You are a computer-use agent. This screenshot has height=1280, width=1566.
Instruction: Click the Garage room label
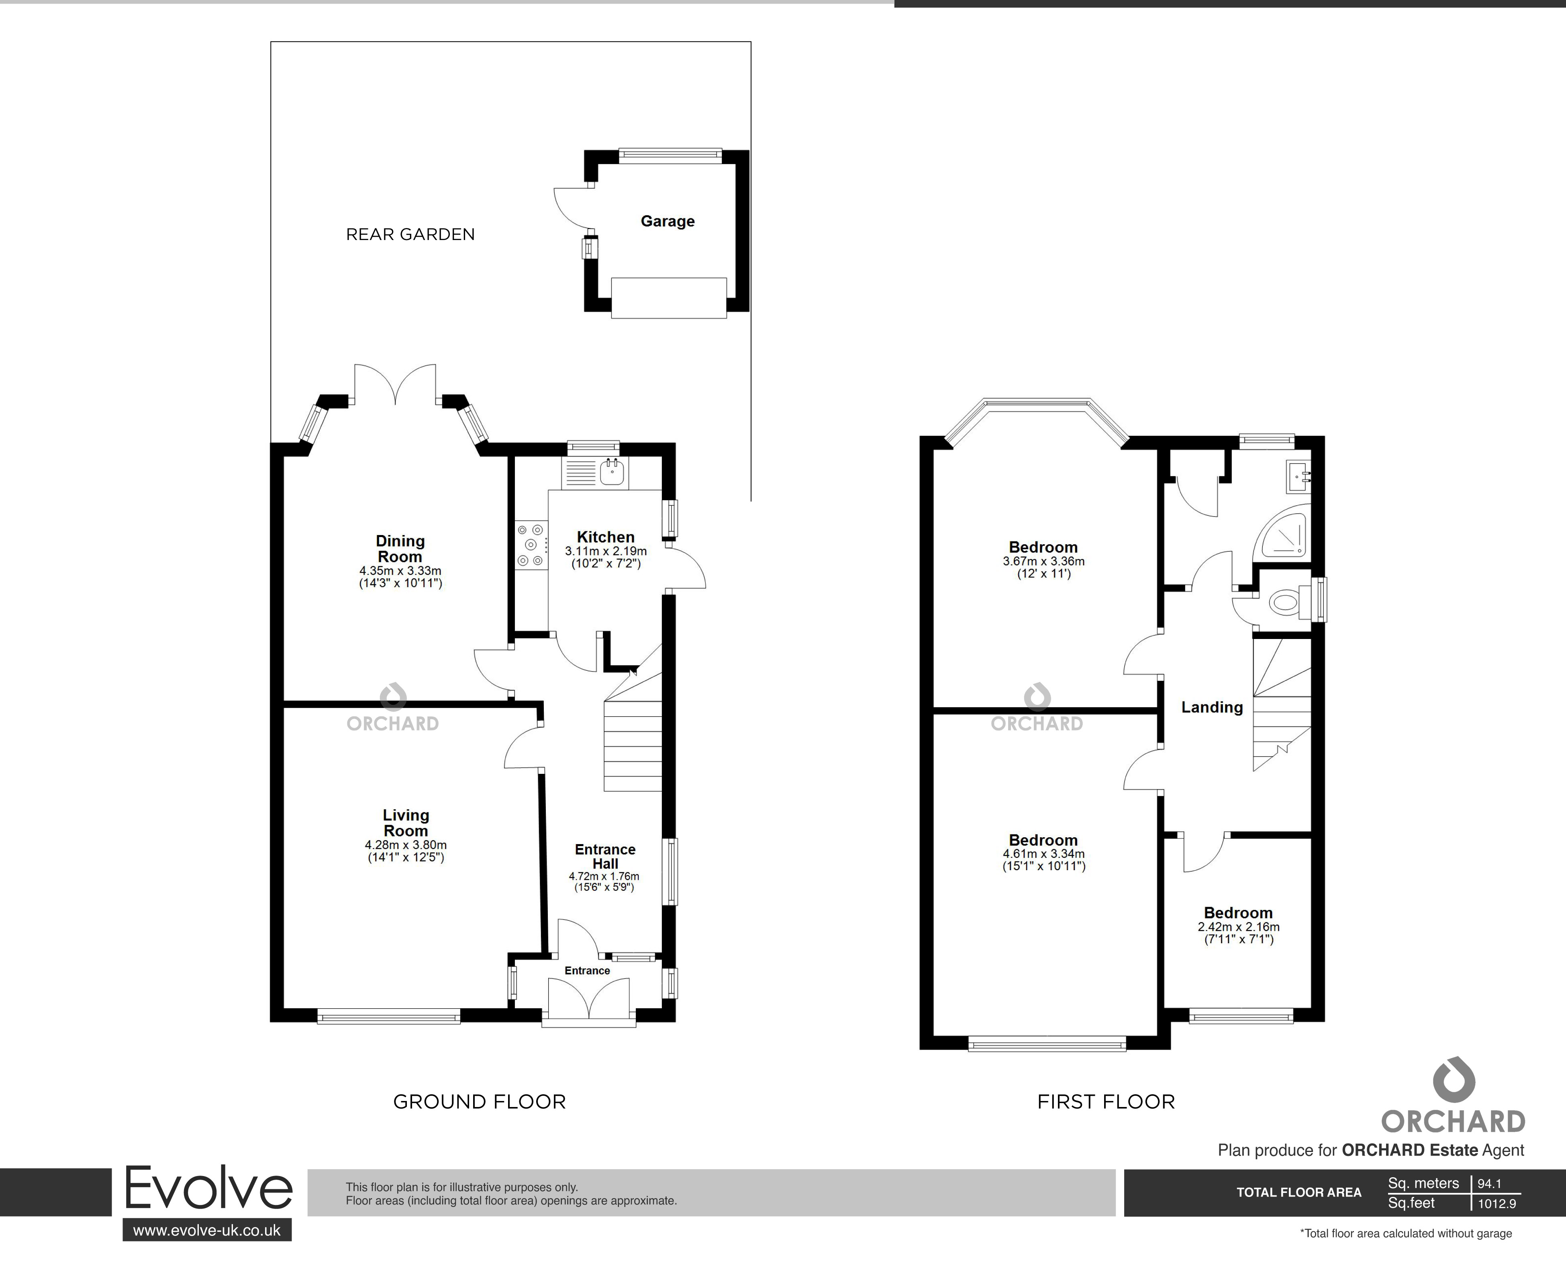[668, 221]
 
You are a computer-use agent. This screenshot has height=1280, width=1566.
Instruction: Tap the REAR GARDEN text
[410, 234]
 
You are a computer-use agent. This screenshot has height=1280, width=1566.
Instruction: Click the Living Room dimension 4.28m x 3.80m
[406, 845]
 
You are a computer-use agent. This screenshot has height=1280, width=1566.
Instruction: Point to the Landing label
[1212, 707]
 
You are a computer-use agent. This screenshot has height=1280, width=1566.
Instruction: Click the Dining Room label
[400, 549]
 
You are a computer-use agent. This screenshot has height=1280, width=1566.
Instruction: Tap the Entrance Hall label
[605, 857]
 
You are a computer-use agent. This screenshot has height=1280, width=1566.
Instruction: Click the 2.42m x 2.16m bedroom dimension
[1239, 927]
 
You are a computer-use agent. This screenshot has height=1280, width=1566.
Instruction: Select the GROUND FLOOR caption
[480, 1101]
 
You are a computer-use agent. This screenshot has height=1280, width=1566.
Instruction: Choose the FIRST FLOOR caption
[1106, 1101]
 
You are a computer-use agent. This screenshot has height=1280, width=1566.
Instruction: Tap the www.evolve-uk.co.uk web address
[206, 1230]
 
